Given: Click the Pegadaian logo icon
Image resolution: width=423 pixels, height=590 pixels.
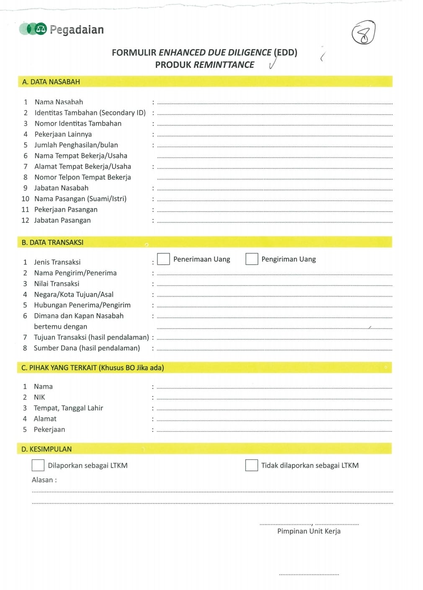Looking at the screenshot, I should point(33,29).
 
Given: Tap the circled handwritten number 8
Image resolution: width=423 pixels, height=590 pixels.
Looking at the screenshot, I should point(363,33).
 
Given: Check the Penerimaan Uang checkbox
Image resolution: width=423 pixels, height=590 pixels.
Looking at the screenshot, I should point(163,259).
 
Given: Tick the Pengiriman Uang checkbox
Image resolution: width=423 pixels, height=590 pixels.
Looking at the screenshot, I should point(251,259).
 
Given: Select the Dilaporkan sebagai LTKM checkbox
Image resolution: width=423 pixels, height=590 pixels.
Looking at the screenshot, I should point(38,465).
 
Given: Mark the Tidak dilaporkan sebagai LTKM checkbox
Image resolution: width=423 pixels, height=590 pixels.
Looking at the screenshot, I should point(251,465).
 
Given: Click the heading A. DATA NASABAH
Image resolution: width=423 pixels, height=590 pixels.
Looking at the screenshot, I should point(51,82).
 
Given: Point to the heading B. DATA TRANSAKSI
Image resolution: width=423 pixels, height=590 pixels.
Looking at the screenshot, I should point(52,242).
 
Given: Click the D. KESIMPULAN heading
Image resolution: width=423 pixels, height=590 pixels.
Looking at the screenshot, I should point(46,449).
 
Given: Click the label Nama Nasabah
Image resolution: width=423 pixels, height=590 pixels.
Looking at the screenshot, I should point(59,102).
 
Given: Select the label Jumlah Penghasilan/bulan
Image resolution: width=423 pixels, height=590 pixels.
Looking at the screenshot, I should point(76,145).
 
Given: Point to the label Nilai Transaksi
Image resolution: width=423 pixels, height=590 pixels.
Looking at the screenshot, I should point(57,283).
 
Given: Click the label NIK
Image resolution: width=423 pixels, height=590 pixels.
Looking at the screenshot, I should point(39,397).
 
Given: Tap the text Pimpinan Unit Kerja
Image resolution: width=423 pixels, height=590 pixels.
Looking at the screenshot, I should point(309,531).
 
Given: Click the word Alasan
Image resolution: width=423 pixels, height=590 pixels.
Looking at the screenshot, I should point(43,480).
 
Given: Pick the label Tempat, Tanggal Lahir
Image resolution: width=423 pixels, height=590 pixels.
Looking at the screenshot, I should point(68,408).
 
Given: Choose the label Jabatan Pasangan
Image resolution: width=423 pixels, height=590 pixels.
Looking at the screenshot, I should point(62,220).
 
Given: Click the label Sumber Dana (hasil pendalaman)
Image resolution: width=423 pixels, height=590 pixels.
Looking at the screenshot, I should point(87,348).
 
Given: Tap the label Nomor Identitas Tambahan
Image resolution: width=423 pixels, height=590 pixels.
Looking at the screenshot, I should point(78,124).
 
